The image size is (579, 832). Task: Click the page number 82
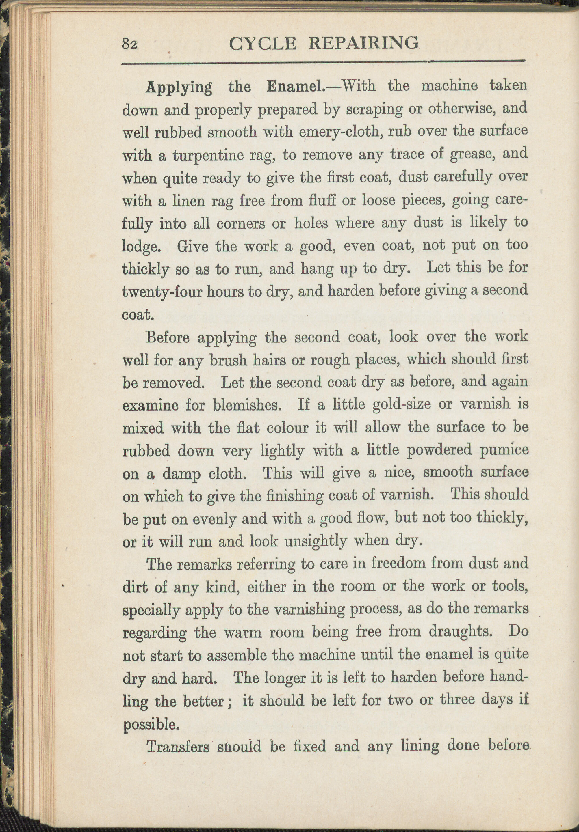pos(129,44)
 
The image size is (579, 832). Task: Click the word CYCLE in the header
pos(263,44)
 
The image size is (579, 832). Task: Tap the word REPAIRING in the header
pos(364,43)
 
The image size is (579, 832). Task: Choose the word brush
pos(229,361)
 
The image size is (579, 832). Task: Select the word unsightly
pos(316,542)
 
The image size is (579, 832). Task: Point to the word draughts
pos(461,632)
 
